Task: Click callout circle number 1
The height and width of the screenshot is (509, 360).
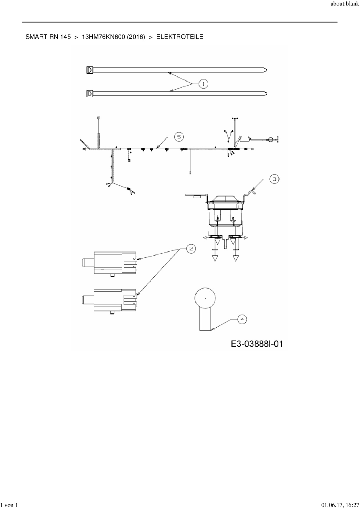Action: tap(204, 84)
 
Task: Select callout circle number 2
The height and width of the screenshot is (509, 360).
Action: tap(190, 249)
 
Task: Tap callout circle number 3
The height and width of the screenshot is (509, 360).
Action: tap(274, 179)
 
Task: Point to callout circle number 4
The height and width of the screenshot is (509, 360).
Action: tap(242, 319)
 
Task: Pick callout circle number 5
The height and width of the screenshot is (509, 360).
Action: tap(179, 137)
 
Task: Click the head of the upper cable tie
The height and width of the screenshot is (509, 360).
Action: tap(90, 70)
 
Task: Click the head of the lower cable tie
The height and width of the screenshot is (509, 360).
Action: tap(90, 94)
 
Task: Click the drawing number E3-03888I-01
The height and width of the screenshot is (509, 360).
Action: tap(257, 344)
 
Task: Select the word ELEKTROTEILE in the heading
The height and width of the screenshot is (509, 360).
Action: tap(180, 37)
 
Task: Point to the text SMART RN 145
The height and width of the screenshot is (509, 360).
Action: tap(48, 37)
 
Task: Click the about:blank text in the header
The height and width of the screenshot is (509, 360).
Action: tap(345, 4)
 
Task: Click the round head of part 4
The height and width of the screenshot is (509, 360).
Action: tap(205, 298)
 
